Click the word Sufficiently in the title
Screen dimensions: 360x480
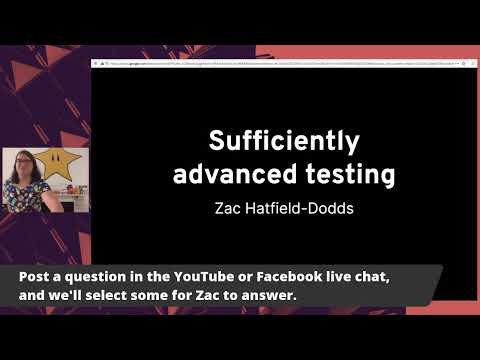click(x=283, y=140)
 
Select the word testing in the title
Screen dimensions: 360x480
click(x=347, y=174)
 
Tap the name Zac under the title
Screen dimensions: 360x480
click(x=230, y=210)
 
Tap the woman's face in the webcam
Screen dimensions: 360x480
click(x=22, y=166)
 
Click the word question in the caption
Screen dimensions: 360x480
click(x=99, y=276)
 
